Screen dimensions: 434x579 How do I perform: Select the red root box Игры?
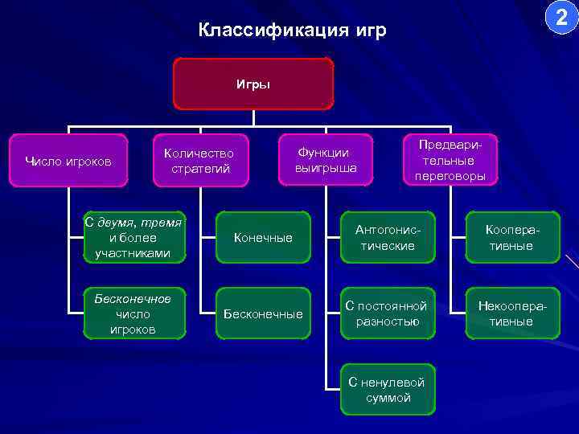253,83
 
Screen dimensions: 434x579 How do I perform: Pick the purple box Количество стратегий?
199,161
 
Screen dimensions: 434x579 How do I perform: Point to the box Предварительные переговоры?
450,159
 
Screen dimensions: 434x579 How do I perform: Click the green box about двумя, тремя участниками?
133,238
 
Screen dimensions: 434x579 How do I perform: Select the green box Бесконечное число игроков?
133,313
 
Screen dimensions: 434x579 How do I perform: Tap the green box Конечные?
263,238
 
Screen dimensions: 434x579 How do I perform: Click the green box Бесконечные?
263,313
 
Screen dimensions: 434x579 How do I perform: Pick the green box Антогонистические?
388,238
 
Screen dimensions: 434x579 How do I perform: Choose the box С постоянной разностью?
387,313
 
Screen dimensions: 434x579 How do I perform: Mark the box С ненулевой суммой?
387,390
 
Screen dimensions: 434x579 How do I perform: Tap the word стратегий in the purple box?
200,169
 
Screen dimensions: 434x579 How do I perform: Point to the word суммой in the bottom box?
387,398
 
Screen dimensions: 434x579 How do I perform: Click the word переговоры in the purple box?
450,176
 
